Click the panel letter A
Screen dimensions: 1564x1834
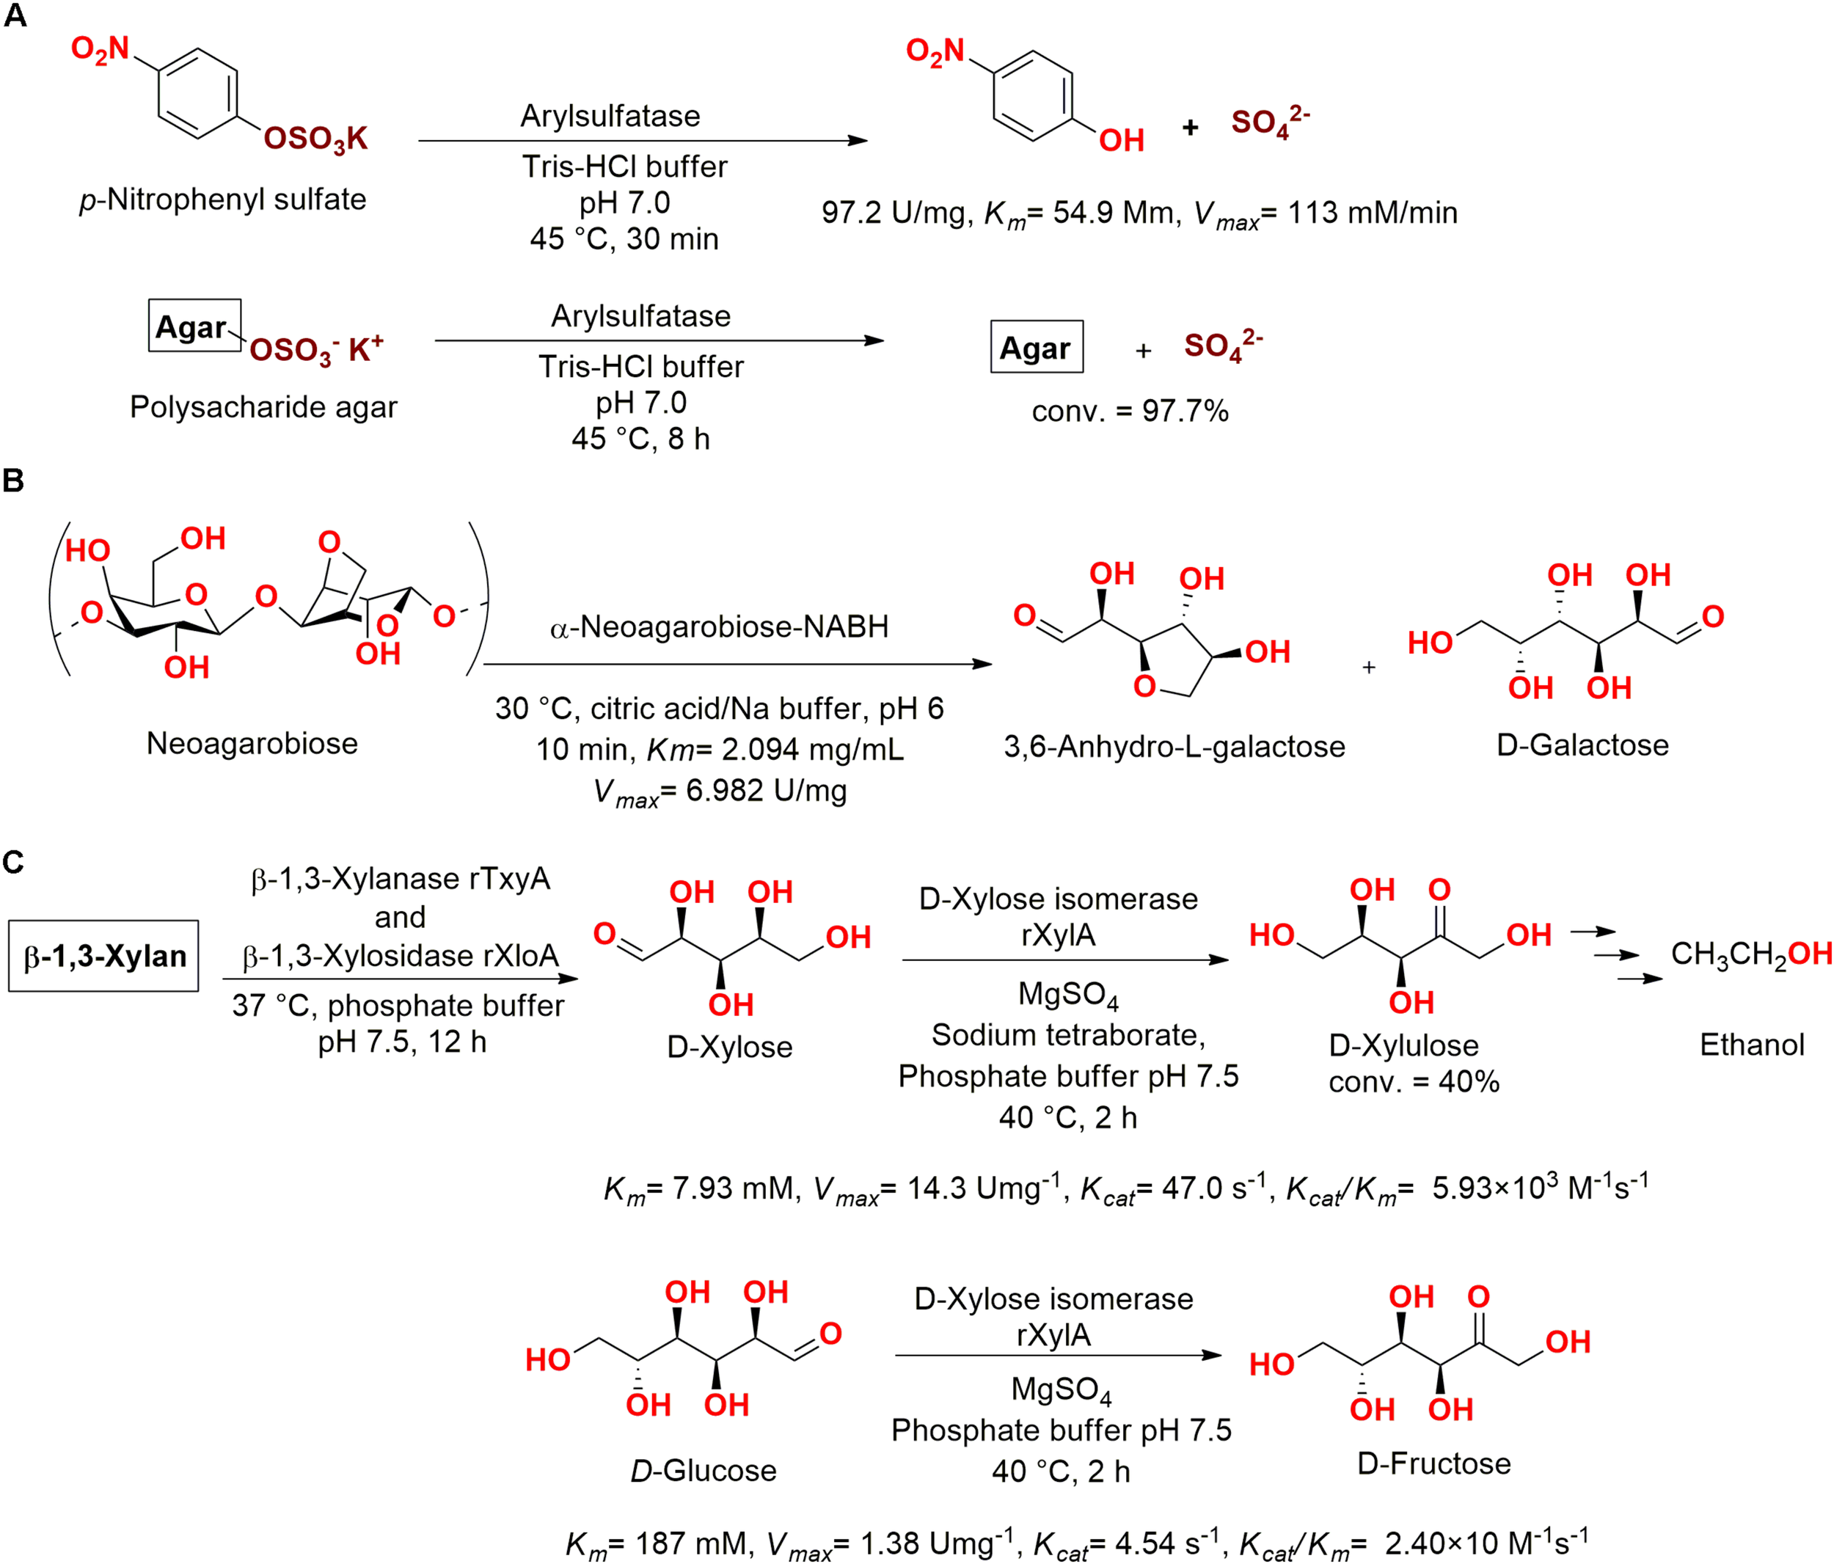[15, 15]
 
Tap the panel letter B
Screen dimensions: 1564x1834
[12, 480]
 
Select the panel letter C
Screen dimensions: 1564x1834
[12, 862]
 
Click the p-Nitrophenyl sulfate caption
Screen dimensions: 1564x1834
[222, 199]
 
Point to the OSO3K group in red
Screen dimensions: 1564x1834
[315, 138]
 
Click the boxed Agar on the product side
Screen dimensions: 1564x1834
[1036, 347]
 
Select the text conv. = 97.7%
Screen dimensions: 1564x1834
[1130, 411]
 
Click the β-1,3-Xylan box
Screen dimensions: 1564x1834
[104, 956]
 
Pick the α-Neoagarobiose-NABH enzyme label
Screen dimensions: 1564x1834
[719, 626]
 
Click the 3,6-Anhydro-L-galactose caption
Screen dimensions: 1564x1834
[1174, 746]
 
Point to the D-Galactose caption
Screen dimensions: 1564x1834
[1582, 745]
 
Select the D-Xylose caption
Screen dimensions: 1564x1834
[729, 1047]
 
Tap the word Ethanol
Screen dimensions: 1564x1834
[1751, 1045]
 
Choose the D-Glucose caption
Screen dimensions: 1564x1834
[703, 1470]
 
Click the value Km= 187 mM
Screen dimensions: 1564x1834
[659, 1543]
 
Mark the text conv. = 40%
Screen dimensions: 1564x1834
[1414, 1081]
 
